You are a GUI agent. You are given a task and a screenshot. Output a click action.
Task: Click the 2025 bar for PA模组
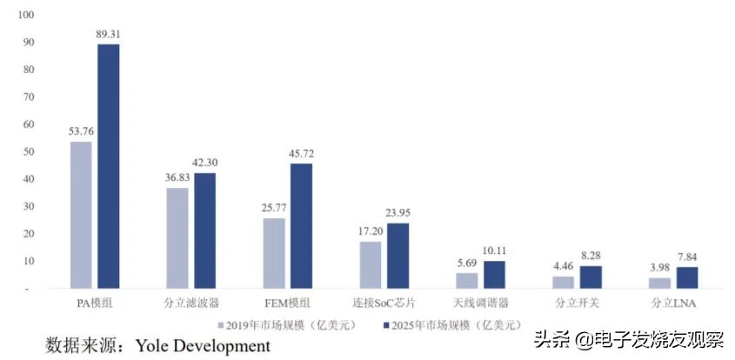pos(108,165)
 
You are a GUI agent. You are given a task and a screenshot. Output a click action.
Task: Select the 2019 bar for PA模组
pos(81,214)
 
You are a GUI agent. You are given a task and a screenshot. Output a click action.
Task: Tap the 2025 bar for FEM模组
pos(301,225)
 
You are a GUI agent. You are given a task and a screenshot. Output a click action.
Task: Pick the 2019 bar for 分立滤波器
pos(177,237)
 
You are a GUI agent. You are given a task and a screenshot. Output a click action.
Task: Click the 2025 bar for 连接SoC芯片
pos(398,255)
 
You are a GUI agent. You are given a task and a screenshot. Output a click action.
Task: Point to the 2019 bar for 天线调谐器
pos(467,280)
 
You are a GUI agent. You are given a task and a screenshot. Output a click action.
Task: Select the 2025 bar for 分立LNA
pos(687,277)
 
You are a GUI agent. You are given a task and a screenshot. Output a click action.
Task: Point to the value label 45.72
pos(302,154)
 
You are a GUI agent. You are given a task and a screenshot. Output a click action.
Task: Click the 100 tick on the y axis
pos(25,15)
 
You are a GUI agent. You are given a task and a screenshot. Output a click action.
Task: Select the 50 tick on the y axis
pos(28,151)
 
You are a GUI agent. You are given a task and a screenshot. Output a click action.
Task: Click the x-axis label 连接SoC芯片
pos(384,303)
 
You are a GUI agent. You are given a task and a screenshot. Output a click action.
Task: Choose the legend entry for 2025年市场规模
pos(452,324)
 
